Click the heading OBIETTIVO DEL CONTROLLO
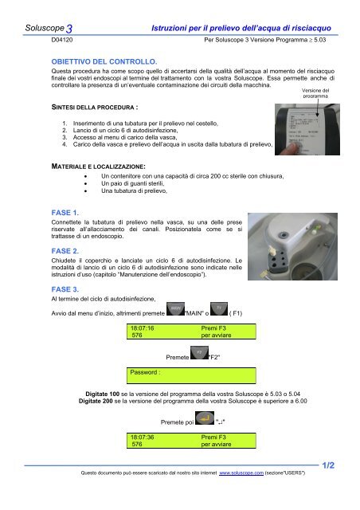coord(104,61)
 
